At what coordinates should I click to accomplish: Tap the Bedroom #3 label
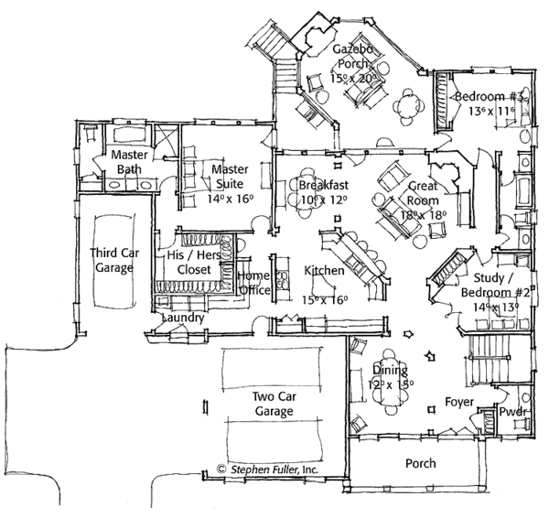pos(477,96)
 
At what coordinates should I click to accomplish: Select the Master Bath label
pos(130,162)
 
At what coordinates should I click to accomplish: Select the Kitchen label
pos(324,271)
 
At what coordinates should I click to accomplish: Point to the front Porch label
pos(420,463)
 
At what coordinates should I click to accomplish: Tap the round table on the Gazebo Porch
pos(406,106)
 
